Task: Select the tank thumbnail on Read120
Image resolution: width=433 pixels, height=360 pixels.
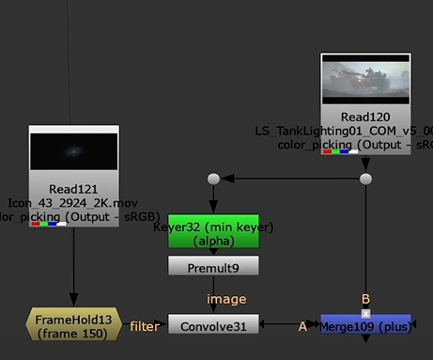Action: [x=365, y=79]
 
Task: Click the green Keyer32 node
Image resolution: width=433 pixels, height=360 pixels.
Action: [x=212, y=234]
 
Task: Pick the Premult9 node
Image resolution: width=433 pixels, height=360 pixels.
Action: [x=212, y=266]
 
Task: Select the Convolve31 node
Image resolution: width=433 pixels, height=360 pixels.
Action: [x=212, y=325]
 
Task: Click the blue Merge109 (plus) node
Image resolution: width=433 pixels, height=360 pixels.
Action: [x=365, y=325]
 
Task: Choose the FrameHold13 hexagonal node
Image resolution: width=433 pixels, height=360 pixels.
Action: [x=73, y=325]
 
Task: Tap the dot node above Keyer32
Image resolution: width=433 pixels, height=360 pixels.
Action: [x=213, y=178]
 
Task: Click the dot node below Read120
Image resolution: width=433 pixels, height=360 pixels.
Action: [x=366, y=178]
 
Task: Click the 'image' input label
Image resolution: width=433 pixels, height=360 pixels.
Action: [x=212, y=299]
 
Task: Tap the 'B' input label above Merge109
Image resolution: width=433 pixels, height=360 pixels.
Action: [x=366, y=300]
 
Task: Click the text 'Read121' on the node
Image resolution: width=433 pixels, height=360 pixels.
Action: [x=73, y=187]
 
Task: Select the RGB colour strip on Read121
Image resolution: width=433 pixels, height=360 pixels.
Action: [x=48, y=224]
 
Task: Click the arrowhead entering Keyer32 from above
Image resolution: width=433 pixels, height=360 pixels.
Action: [x=213, y=217]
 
